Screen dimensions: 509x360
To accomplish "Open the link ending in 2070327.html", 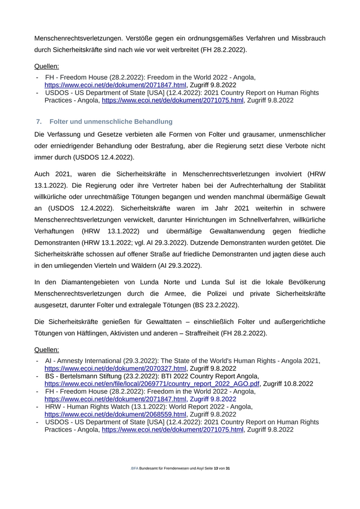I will pyautogui.click(x=115, y=369).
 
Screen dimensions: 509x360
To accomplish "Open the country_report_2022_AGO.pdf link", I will pyautogui.click(x=152, y=384).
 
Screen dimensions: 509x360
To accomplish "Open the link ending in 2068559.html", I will pyautogui.click(x=115, y=414).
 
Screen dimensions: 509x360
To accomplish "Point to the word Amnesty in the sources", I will pyautogui.click(x=71, y=361).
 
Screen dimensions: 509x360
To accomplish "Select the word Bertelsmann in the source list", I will pyautogui.click(x=79, y=376).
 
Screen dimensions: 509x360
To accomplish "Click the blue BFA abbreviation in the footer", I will pyautogui.click(x=135, y=469).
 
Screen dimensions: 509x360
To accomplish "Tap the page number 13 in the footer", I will pyautogui.click(x=216, y=469).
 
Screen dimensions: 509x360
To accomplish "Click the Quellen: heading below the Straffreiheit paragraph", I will pyautogui.click(x=46, y=350).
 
